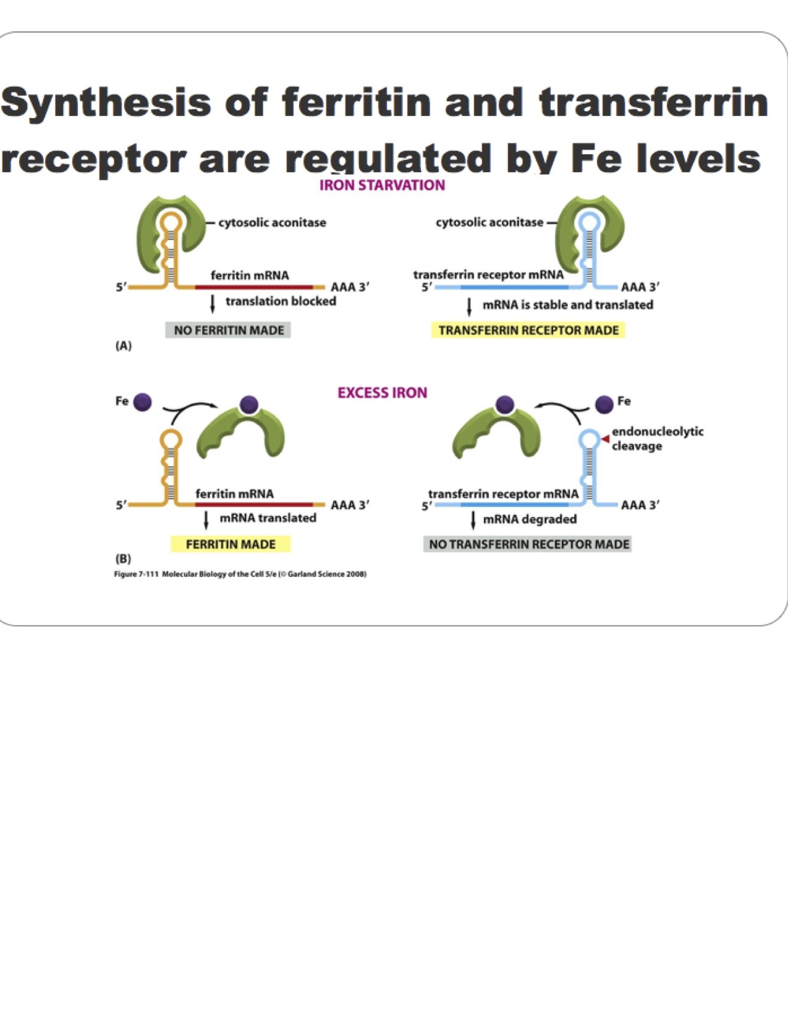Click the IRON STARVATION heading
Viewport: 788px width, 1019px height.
pos(382,185)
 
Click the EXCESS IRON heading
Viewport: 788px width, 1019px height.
pos(382,393)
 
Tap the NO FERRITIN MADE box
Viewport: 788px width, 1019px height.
pos(229,330)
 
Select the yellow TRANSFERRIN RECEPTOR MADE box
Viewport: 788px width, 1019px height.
pos(528,330)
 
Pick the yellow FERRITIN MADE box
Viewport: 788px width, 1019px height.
pos(231,544)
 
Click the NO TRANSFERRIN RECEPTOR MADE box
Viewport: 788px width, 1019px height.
pos(528,544)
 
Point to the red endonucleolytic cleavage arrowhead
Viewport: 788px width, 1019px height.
pos(606,438)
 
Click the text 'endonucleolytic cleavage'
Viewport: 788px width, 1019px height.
pos(657,438)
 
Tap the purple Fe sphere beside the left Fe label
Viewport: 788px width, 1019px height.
pos(143,402)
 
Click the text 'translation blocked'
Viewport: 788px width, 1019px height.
pos(281,301)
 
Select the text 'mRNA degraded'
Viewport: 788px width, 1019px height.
pos(530,519)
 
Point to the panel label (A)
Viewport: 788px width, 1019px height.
pos(124,346)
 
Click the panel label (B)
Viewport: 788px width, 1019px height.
pos(124,559)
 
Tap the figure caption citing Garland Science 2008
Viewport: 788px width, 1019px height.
pos(240,574)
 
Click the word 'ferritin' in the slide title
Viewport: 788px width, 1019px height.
pos(356,102)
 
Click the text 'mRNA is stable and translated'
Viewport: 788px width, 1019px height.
pos(567,304)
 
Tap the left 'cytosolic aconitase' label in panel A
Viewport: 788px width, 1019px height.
pos(272,222)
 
